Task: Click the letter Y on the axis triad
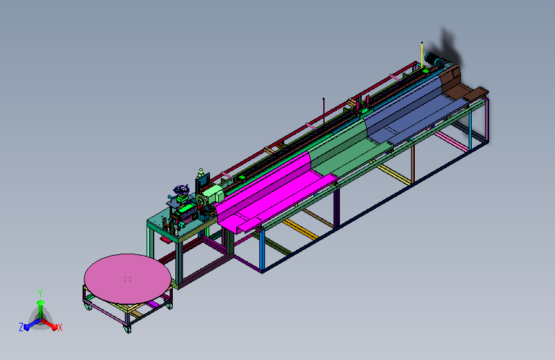pos(40,293)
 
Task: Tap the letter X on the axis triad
pos(60,328)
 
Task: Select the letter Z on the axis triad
pos(21,327)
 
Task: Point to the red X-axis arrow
pos(49,324)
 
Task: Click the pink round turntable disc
pos(127,279)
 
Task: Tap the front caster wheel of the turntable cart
pos(127,329)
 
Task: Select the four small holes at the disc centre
pos(128,279)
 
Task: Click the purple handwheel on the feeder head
pos(182,190)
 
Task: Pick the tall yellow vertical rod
pos(422,54)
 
